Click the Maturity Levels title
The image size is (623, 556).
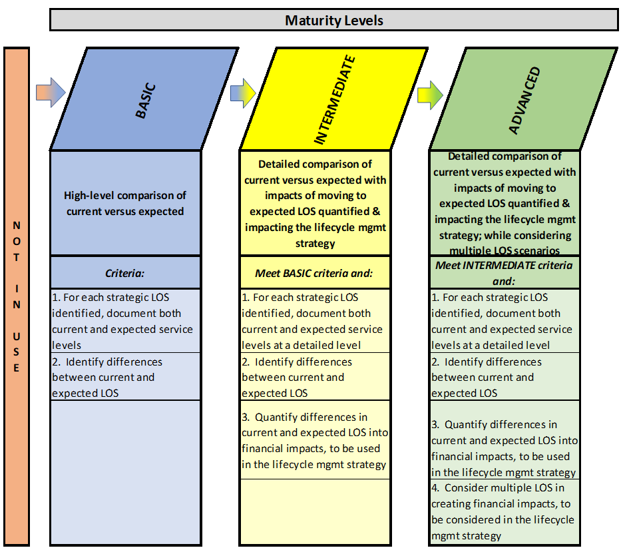(333, 20)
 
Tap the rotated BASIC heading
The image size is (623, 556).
(145, 101)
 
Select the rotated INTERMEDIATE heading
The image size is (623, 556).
(334, 100)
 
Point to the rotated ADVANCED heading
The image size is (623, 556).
(524, 100)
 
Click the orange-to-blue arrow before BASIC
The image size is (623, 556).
(51, 92)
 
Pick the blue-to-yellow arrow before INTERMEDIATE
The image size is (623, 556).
(243, 93)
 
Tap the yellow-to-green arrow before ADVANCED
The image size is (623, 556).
(430, 95)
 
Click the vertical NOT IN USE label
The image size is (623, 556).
(17, 296)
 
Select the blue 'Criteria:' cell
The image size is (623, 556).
(125, 272)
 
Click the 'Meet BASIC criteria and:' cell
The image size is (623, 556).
(315, 272)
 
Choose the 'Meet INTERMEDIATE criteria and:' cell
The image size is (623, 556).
(505, 272)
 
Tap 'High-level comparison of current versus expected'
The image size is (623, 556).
(125, 203)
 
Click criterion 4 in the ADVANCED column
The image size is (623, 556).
(503, 511)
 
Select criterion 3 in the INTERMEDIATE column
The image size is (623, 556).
(315, 440)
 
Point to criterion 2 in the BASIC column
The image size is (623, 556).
(107, 377)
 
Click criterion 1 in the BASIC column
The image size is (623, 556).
(122, 321)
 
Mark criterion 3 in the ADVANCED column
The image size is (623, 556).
(505, 448)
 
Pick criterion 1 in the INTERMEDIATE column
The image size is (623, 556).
(312, 321)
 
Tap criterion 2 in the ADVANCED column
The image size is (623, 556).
(487, 377)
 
